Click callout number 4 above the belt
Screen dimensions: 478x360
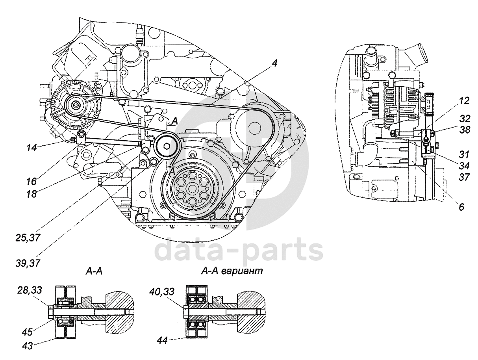point(274,63)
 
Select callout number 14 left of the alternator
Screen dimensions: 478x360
point(32,148)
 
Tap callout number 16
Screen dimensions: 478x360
point(31,181)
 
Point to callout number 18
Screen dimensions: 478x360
point(31,194)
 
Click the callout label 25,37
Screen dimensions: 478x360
point(28,238)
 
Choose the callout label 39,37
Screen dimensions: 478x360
point(28,263)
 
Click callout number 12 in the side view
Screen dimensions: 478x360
point(464,101)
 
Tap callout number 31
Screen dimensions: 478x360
point(464,155)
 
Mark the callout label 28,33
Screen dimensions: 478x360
point(30,290)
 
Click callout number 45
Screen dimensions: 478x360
point(27,332)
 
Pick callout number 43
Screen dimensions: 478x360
point(27,346)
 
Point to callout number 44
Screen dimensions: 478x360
point(162,340)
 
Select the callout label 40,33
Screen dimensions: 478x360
point(161,291)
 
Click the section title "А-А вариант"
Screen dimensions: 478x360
point(232,271)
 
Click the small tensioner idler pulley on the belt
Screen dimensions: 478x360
point(167,146)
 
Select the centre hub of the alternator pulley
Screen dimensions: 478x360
point(76,106)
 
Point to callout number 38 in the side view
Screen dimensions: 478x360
point(464,130)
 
